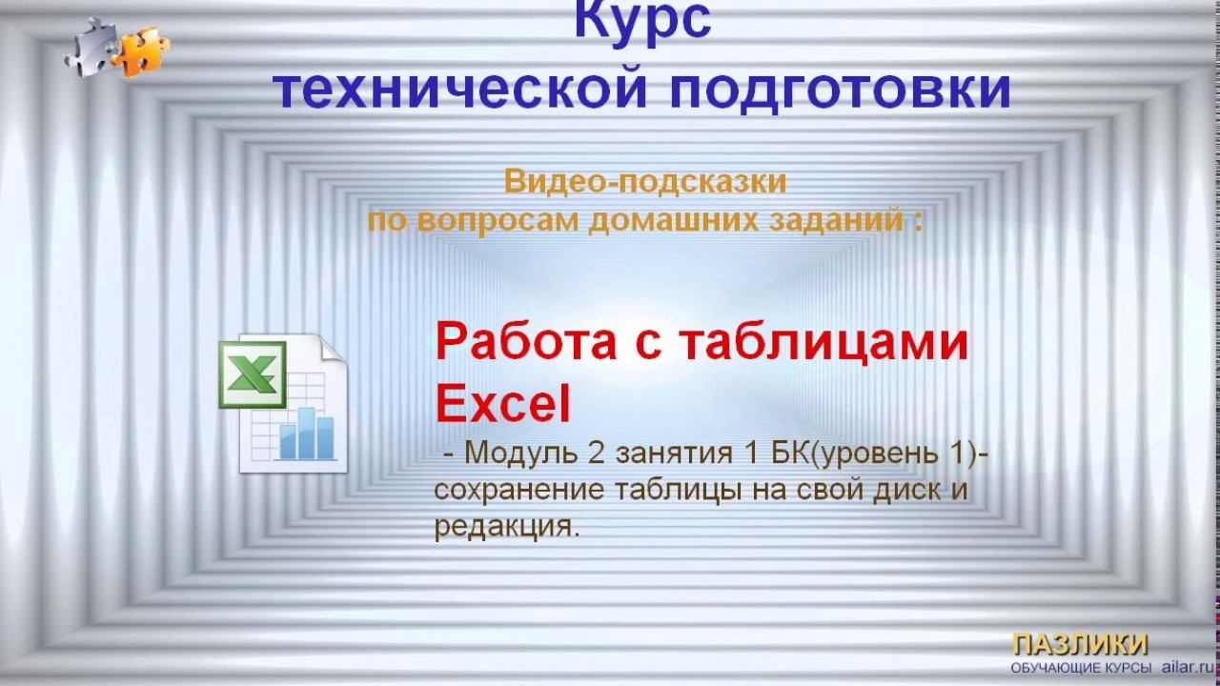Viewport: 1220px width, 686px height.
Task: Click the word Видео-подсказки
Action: click(x=645, y=180)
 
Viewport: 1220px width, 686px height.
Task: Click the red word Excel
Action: click(x=502, y=404)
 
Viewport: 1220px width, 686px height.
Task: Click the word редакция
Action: click(x=506, y=526)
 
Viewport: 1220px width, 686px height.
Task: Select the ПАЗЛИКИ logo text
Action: click(x=1079, y=643)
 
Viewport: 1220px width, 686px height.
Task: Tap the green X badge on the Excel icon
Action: click(x=253, y=373)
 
